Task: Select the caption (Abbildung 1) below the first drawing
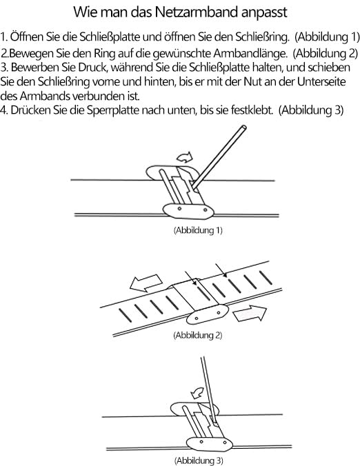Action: (197, 231)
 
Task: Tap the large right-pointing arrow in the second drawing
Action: (252, 314)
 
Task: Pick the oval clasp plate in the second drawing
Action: (209, 316)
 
